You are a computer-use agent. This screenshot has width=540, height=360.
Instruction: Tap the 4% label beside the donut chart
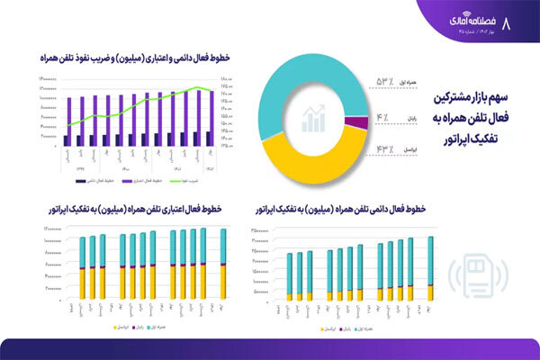[382, 117]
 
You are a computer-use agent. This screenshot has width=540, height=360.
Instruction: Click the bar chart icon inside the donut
[314, 118]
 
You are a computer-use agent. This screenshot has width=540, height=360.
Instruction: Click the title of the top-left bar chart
[135, 58]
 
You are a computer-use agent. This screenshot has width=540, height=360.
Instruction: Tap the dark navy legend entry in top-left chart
[90, 155]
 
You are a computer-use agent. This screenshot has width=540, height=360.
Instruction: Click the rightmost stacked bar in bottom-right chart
[430, 267]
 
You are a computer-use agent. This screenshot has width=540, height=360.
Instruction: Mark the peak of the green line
[200, 87]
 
